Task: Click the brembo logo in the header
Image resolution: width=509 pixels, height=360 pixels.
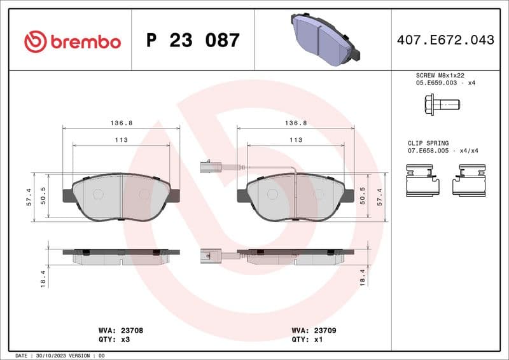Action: click(72, 41)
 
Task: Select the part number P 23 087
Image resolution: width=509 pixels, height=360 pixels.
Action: click(193, 41)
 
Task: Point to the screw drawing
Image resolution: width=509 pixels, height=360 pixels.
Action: click(441, 103)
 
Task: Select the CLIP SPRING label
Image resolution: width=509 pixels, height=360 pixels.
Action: click(428, 143)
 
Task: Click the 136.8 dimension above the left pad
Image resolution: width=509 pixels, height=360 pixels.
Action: click(121, 123)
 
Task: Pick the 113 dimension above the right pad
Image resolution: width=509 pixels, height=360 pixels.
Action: click(295, 140)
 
